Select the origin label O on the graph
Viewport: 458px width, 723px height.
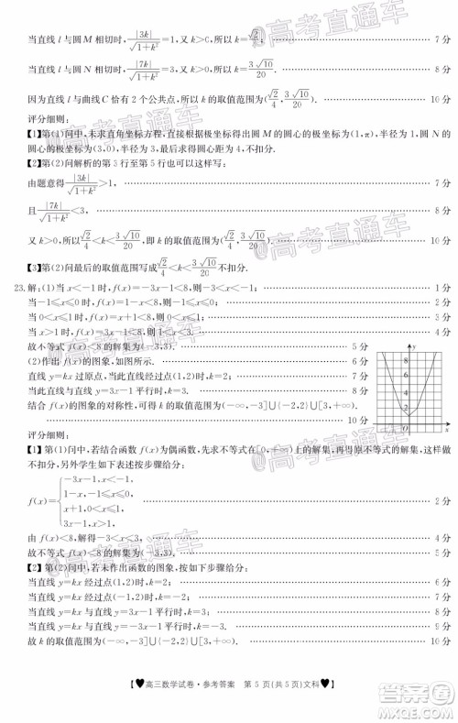406,429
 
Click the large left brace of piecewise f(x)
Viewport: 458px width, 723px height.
61,500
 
